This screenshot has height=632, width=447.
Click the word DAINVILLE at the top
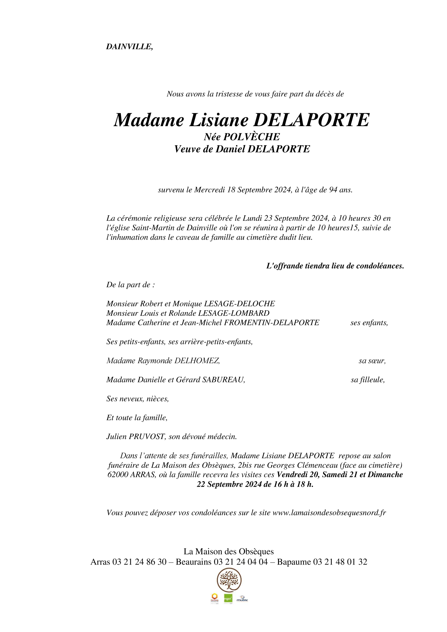129,47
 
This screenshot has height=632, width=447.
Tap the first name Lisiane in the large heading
218,120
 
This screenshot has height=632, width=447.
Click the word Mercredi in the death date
210,190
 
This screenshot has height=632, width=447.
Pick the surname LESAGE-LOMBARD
234,313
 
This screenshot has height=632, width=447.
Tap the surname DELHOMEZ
197,361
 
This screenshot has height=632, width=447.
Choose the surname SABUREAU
223,380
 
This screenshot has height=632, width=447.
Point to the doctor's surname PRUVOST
147,437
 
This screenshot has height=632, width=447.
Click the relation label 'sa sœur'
372,361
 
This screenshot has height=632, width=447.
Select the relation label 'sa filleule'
368,380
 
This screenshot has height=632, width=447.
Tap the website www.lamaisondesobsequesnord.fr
329,513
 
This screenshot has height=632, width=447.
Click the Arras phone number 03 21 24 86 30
139,562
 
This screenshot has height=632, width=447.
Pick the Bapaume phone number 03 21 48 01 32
340,562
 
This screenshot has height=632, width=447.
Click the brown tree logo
229,580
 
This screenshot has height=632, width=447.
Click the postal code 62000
118,475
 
